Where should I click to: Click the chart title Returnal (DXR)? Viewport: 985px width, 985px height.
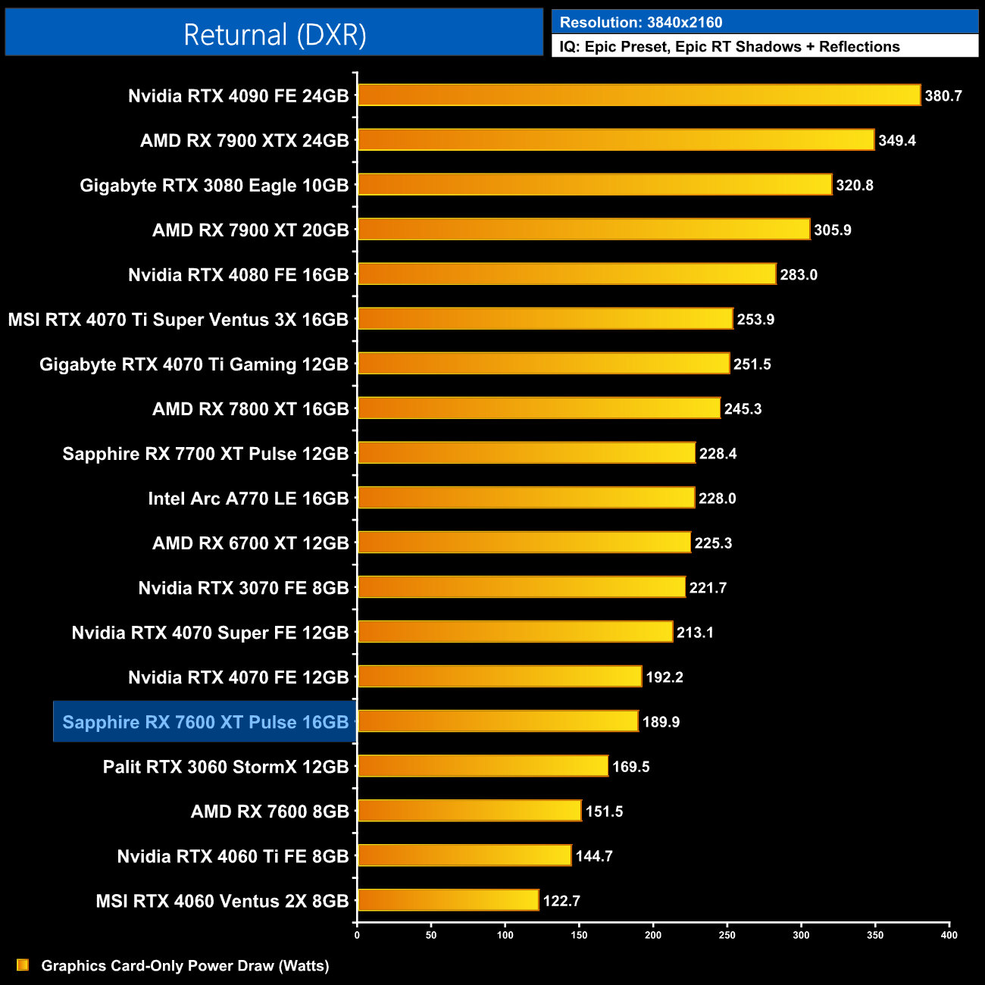click(x=274, y=35)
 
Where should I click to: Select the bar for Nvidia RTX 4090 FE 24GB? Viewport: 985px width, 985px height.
click(x=639, y=95)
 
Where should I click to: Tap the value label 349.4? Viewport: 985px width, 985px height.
click(x=897, y=141)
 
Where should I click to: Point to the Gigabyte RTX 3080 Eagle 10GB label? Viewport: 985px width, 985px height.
click(x=214, y=186)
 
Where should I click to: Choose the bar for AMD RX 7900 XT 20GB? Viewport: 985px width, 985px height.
click(x=583, y=230)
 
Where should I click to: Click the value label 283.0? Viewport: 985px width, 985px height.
click(x=799, y=275)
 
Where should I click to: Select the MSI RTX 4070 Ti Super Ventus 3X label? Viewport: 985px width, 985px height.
click(x=178, y=320)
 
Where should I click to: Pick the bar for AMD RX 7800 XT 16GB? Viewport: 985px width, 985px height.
click(x=539, y=408)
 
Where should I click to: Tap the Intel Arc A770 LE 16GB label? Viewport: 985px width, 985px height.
click(x=249, y=499)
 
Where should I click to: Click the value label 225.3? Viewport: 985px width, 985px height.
click(x=713, y=543)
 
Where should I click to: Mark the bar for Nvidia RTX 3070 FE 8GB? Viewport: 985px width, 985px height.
click(x=521, y=587)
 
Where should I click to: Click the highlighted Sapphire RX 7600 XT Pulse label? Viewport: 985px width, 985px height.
click(x=205, y=722)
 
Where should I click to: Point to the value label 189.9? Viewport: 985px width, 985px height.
click(x=661, y=722)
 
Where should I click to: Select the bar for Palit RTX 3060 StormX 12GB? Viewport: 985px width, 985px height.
click(x=483, y=766)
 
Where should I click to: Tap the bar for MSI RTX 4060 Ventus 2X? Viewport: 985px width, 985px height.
click(x=448, y=900)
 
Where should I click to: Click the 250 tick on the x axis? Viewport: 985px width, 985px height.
click(x=727, y=935)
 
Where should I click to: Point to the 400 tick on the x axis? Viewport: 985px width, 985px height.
click(x=949, y=935)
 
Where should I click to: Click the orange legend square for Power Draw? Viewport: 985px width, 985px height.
click(x=23, y=965)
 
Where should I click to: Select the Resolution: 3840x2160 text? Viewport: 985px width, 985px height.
click(x=641, y=23)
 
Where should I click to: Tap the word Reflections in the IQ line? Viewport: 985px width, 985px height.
click(x=859, y=47)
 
